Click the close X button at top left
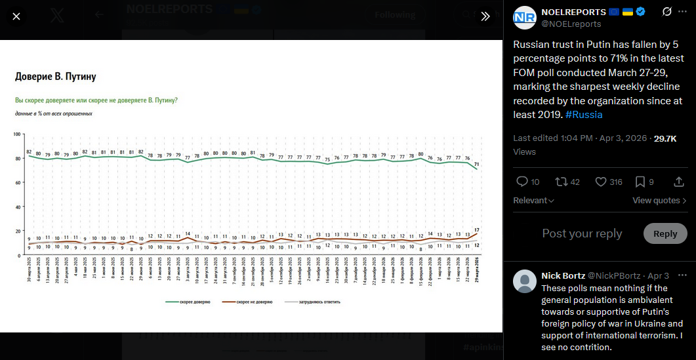16,16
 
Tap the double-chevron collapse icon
485,16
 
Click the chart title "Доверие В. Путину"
56,77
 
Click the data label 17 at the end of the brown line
477,230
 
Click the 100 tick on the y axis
18,134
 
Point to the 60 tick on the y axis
19,183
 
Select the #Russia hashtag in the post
584,114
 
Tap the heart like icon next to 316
600,182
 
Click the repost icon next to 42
562,182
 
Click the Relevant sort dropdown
533,201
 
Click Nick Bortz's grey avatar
524,281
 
